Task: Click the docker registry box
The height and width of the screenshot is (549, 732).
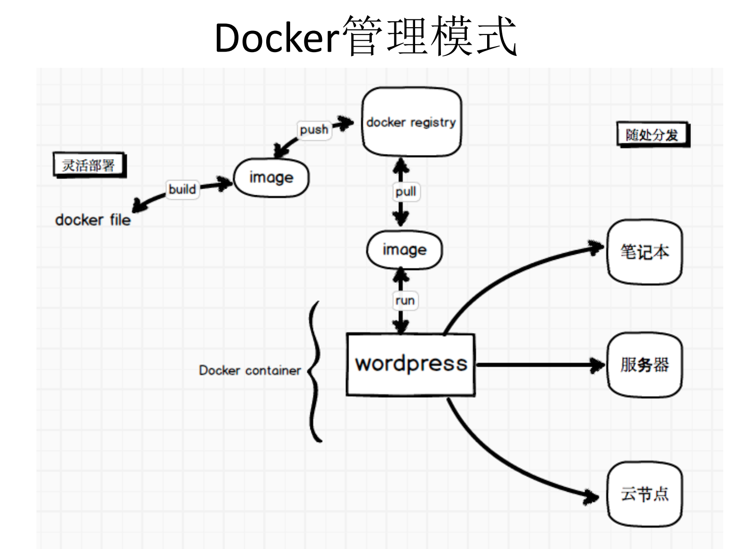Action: coord(411,122)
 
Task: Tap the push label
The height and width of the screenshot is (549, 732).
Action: coord(314,130)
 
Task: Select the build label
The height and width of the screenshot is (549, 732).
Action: coord(182,189)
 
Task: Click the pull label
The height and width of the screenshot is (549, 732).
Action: coord(406,191)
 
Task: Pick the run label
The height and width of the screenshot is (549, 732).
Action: coord(405,300)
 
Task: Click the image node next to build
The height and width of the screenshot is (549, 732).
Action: coord(271,178)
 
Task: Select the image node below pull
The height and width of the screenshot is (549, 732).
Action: coord(405,250)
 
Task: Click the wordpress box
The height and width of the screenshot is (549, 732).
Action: coord(411,364)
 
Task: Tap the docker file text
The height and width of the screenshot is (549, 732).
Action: coord(93,220)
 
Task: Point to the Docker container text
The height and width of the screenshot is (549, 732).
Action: coord(250,370)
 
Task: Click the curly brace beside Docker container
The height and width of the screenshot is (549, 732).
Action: coord(315,371)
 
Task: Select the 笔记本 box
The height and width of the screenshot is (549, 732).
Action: coord(644,252)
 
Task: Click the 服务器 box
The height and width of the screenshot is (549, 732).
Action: coord(644,364)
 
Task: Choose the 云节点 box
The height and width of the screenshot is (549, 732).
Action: coord(644,494)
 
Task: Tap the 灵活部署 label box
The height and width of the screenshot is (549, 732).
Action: coord(89,165)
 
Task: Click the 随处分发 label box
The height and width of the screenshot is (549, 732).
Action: coord(652,135)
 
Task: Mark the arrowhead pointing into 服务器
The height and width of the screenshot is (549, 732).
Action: coord(598,365)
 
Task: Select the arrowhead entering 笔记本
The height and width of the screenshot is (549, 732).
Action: coord(597,247)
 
